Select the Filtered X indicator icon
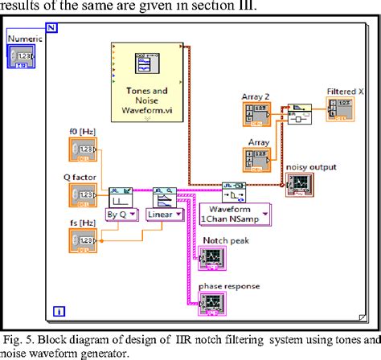[342, 108]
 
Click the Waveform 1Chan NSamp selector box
[233, 214]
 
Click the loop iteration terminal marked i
[58, 310]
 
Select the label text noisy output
[309, 166]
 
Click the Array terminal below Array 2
[257, 157]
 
